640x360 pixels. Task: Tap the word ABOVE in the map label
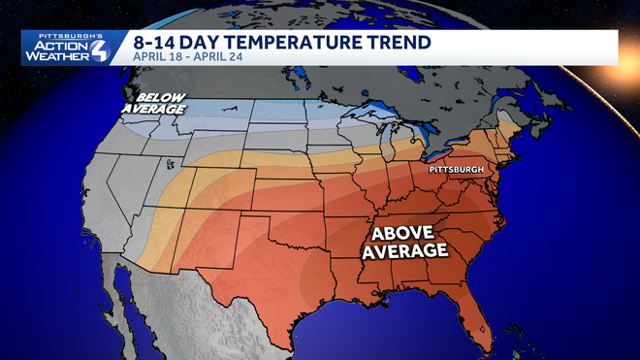click(404, 232)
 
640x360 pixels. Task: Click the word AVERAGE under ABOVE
click(404, 250)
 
